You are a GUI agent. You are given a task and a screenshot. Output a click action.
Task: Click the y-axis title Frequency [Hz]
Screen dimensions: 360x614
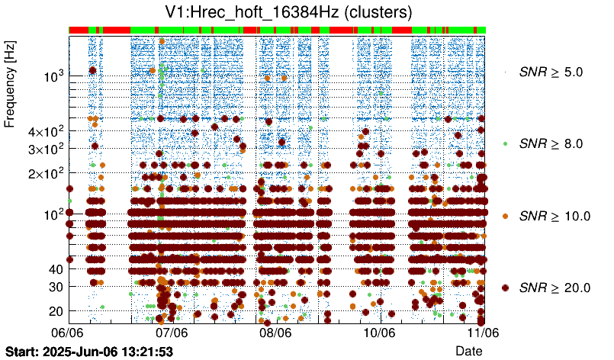11,85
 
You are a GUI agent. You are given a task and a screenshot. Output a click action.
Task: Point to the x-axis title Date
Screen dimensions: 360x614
468,350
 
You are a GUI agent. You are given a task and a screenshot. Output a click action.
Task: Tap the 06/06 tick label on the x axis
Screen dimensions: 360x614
67,333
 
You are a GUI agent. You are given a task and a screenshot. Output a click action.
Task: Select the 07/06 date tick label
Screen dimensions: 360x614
172,333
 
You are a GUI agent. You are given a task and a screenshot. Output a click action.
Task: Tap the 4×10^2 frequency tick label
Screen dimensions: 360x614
41,132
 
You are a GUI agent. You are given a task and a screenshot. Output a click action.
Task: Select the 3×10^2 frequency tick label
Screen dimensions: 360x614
41,149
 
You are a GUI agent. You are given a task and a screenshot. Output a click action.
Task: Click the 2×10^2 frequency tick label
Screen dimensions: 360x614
41,173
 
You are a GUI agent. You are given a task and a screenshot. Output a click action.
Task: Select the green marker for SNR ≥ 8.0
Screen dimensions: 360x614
505,143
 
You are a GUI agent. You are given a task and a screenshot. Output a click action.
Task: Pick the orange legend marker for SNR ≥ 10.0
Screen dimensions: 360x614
505,216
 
